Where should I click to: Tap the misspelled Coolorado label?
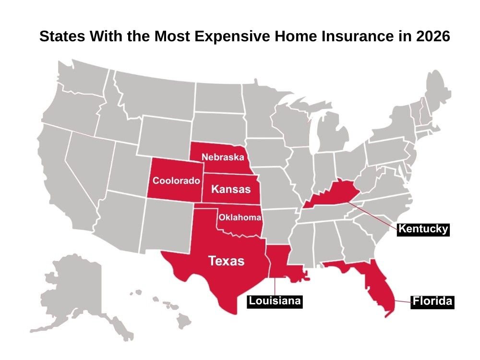coord(176,181)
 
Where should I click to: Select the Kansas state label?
coord(231,189)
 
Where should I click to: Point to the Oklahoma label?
coord(240,217)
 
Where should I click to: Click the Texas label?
coord(226,261)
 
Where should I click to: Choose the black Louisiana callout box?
coord(275,301)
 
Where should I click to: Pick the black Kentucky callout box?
coord(423,229)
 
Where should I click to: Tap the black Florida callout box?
coord(432,301)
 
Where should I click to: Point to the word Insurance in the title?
coord(358,37)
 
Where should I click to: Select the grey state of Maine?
coord(439,94)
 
